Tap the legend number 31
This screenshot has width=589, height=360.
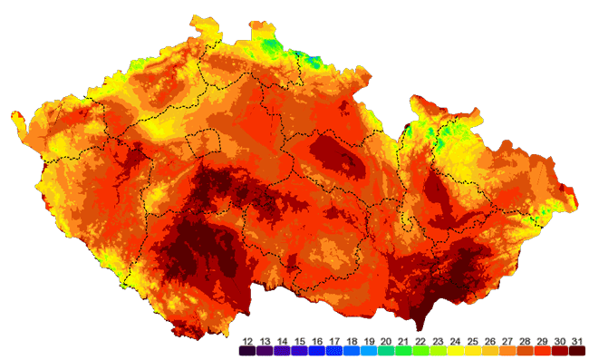(575, 340)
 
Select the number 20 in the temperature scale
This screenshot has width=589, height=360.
(385, 340)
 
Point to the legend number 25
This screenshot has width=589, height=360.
(472, 340)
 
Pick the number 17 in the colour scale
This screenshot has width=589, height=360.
(333, 340)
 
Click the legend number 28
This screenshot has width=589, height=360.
(524, 340)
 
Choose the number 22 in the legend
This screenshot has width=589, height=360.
(420, 340)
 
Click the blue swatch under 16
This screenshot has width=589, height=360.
(316, 350)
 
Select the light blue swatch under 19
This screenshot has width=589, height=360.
(368, 350)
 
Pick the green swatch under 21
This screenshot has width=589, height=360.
(402, 350)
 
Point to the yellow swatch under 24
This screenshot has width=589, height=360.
(455, 350)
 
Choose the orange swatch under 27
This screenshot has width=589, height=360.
(507, 350)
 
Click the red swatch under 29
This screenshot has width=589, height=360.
(541, 350)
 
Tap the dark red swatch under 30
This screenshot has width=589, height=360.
(558, 350)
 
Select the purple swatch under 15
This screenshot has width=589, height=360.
(299, 350)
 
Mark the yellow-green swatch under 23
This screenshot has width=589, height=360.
(438, 350)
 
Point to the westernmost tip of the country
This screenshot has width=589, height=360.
(13, 115)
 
